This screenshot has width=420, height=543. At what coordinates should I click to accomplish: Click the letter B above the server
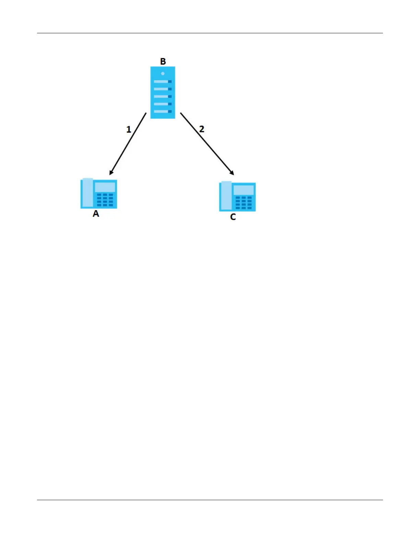[x=163, y=62]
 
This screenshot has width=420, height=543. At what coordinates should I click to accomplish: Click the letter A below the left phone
[x=96, y=214]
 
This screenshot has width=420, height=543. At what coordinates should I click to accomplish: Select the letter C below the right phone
[x=233, y=217]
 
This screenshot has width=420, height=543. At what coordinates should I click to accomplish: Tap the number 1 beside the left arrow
[x=129, y=130]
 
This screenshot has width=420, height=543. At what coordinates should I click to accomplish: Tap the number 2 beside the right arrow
[x=202, y=129]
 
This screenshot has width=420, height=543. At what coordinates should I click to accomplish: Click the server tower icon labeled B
[x=163, y=93]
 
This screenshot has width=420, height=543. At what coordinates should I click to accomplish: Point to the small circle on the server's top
[x=163, y=74]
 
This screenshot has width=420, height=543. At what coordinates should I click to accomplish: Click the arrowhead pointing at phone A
[x=111, y=172]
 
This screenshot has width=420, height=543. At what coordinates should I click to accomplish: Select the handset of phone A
[x=88, y=193]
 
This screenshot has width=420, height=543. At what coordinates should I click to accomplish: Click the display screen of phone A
[x=105, y=187]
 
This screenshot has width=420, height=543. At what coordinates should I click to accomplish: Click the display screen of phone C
[x=244, y=190]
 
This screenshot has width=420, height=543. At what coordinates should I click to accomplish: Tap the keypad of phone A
[x=105, y=200]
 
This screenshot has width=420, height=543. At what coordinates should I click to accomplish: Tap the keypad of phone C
[x=244, y=203]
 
